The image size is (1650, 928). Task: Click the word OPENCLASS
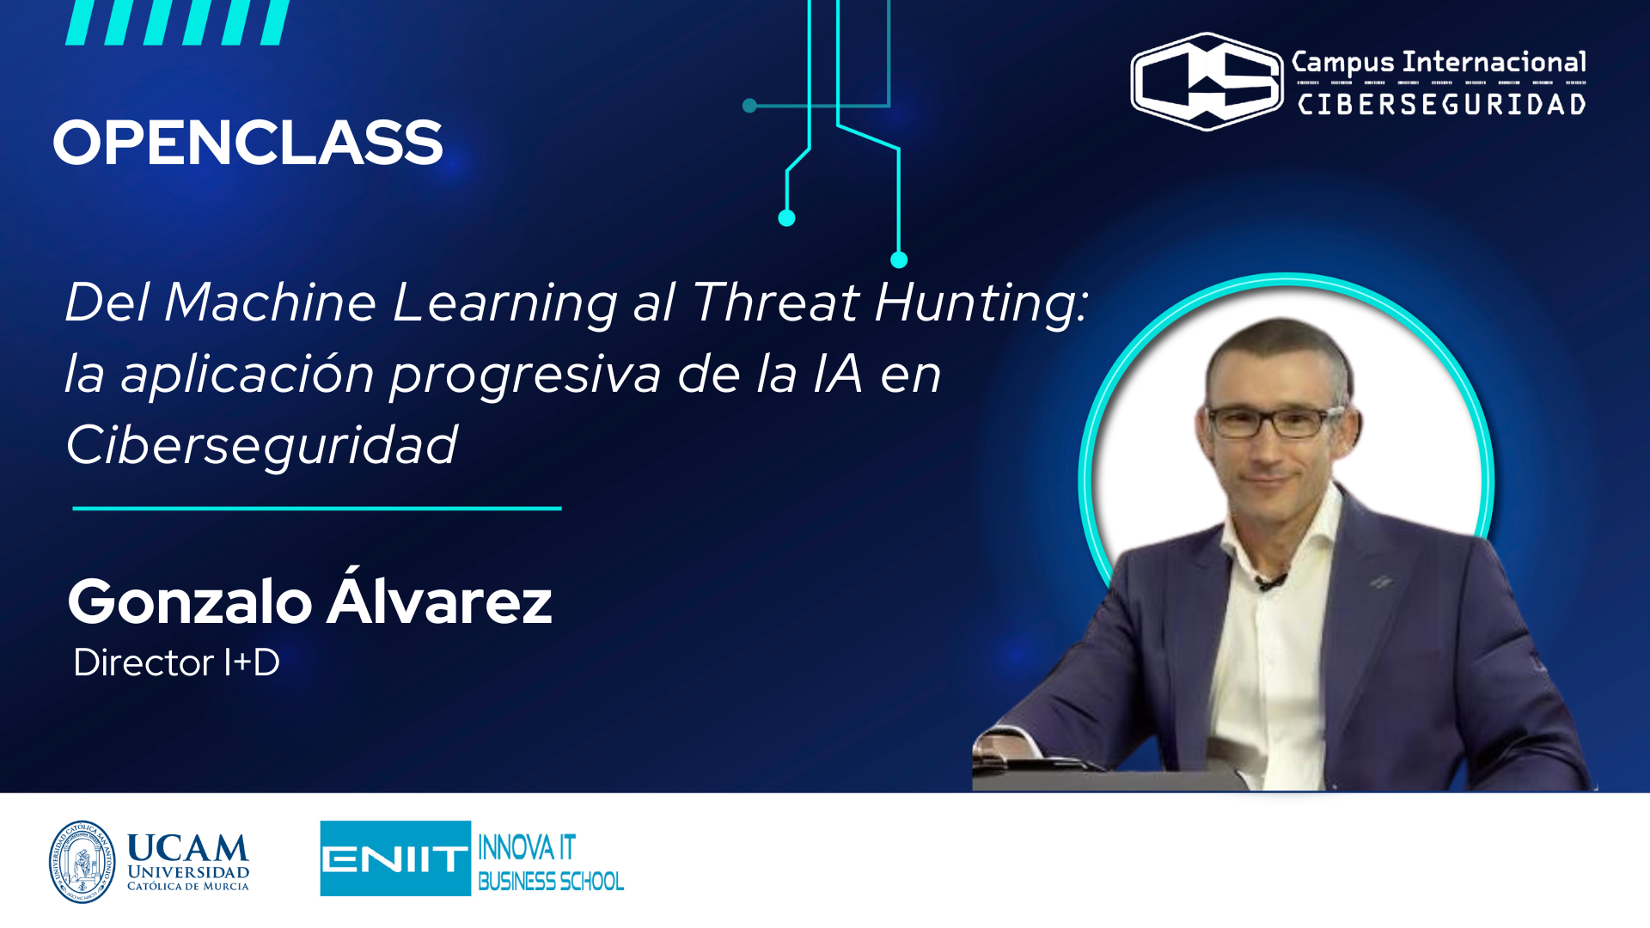pyautogui.click(x=247, y=143)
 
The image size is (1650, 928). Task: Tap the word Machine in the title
pyautogui.click(x=270, y=302)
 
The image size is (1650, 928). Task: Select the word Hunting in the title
pyautogui.click(x=981, y=302)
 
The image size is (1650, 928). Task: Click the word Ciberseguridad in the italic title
pyautogui.click(x=261, y=445)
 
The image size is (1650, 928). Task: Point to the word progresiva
pyautogui.click(x=526, y=375)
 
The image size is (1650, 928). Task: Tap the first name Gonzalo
pyautogui.click(x=190, y=601)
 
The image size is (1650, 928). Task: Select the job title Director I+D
pyautogui.click(x=176, y=662)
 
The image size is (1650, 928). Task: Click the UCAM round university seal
pyautogui.click(x=82, y=862)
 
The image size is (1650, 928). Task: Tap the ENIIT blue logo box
pyautogui.click(x=395, y=858)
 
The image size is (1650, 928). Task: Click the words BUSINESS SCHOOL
pyautogui.click(x=550, y=882)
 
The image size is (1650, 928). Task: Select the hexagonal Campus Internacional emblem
pyautogui.click(x=1207, y=82)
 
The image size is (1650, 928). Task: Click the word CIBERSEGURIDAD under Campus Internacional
pyautogui.click(x=1441, y=105)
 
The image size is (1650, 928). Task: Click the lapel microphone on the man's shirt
pyautogui.click(x=1268, y=583)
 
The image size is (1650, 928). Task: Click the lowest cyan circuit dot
pyautogui.click(x=899, y=259)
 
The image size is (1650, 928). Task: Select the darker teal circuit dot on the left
pyautogui.click(x=749, y=106)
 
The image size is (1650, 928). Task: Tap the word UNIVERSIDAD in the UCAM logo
pyautogui.click(x=188, y=872)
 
